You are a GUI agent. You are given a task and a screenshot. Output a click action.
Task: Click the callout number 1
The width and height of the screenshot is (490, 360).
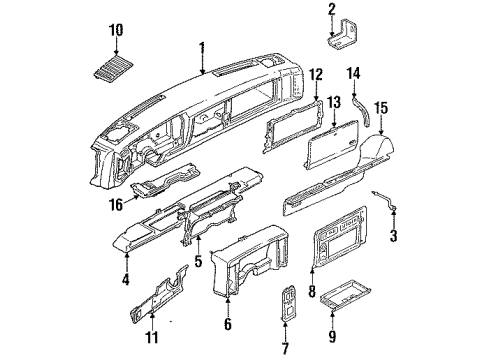pyautogui.click(x=203, y=47)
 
